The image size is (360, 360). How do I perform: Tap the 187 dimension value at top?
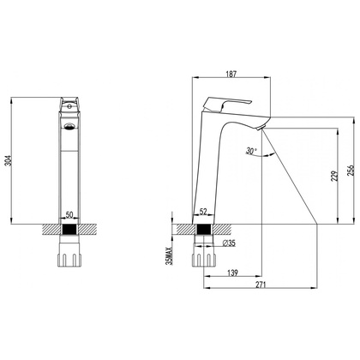pyautogui.click(x=231, y=74)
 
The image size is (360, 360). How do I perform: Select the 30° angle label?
pyautogui.click(x=251, y=151)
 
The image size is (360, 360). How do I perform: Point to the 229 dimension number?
pyautogui.click(x=335, y=176)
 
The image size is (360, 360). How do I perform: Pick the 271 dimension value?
pyautogui.click(x=261, y=285)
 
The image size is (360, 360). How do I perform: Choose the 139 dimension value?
pyautogui.click(x=232, y=273)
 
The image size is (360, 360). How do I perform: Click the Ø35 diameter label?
pyautogui.click(x=229, y=243)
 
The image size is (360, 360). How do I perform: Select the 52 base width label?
pyautogui.click(x=203, y=212)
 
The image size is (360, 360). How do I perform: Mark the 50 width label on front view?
pyautogui.click(x=69, y=214)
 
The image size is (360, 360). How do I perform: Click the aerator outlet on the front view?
pyautogui.click(x=69, y=126)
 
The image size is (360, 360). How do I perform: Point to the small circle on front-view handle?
pyautogui.click(x=69, y=107)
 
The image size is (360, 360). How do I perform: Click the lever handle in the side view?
pyautogui.click(x=227, y=105)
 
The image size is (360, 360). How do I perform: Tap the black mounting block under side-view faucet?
pyautogui.click(x=203, y=230)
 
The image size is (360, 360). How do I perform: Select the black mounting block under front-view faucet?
pyautogui.click(x=69, y=230)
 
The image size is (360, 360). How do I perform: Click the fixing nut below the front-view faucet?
pyautogui.click(x=69, y=251)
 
